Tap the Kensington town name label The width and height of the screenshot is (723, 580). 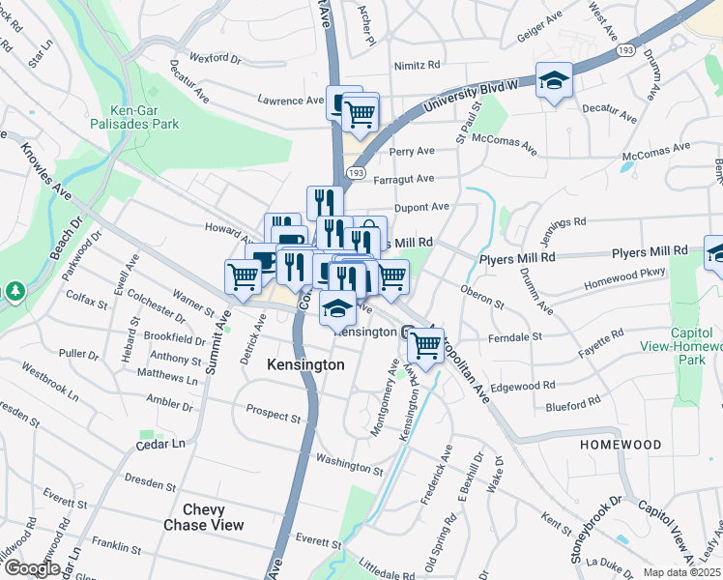(305, 364)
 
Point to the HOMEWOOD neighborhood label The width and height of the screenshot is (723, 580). (621, 445)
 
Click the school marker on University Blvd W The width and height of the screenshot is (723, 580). (554, 80)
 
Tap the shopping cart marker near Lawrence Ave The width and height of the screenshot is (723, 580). (360, 112)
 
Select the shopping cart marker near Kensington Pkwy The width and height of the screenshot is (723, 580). (425, 345)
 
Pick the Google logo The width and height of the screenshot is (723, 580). (31, 568)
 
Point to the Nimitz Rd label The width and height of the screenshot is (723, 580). (417, 66)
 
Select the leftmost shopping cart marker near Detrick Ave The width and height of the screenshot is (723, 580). (243, 276)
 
